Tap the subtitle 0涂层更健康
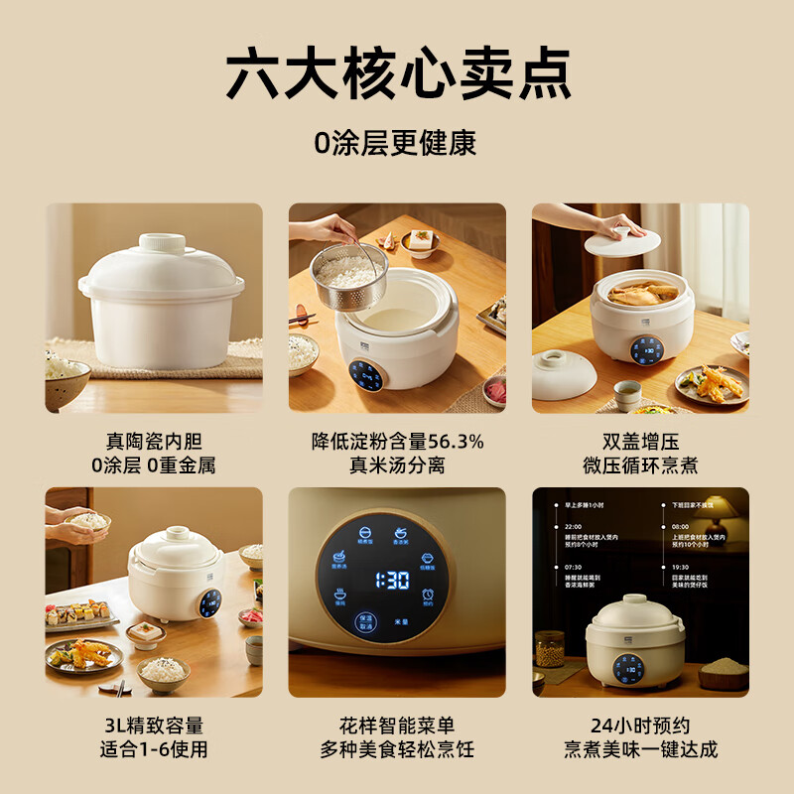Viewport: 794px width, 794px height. [x=396, y=143]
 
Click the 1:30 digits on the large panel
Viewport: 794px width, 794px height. [x=394, y=582]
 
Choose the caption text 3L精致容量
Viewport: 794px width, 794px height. [x=153, y=726]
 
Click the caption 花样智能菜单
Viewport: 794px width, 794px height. [x=396, y=726]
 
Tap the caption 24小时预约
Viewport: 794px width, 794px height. [x=639, y=726]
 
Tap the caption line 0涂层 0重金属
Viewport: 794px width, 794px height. [x=153, y=464]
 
